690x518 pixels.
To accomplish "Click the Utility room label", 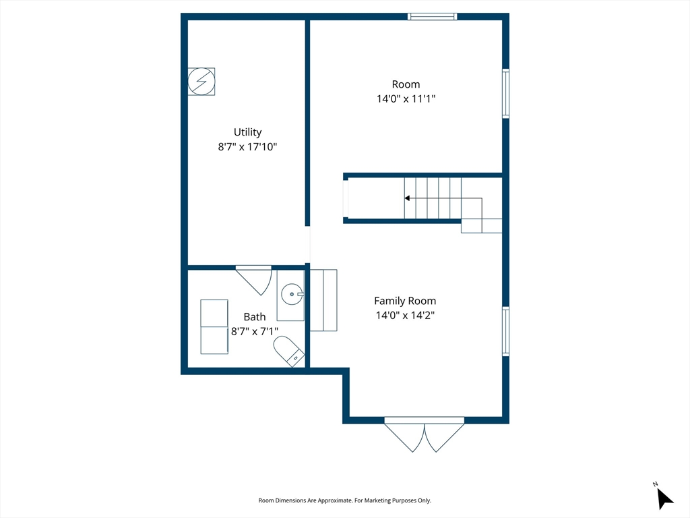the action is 247,132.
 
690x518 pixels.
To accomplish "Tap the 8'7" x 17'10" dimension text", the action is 247,146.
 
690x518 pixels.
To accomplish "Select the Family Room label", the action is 405,301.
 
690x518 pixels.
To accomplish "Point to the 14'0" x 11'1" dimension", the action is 406,98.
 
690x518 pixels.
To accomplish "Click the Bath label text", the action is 254,317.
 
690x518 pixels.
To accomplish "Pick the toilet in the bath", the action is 289,351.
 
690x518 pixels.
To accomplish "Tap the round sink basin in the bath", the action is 292,294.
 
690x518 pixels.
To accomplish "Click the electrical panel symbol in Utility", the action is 201,82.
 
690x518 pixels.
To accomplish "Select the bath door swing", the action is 254,280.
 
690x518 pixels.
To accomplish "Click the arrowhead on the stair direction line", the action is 407,198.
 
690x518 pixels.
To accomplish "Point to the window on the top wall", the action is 432,17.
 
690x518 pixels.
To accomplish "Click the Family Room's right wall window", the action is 506,331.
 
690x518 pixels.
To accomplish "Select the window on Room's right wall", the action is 506,94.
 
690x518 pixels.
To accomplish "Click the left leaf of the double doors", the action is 404,436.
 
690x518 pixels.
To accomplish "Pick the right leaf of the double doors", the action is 445,436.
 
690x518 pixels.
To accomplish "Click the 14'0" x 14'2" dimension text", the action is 405,316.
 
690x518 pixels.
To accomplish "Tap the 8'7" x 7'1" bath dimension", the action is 254,331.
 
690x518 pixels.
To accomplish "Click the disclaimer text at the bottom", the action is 344,500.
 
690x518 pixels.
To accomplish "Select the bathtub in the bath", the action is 214,327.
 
